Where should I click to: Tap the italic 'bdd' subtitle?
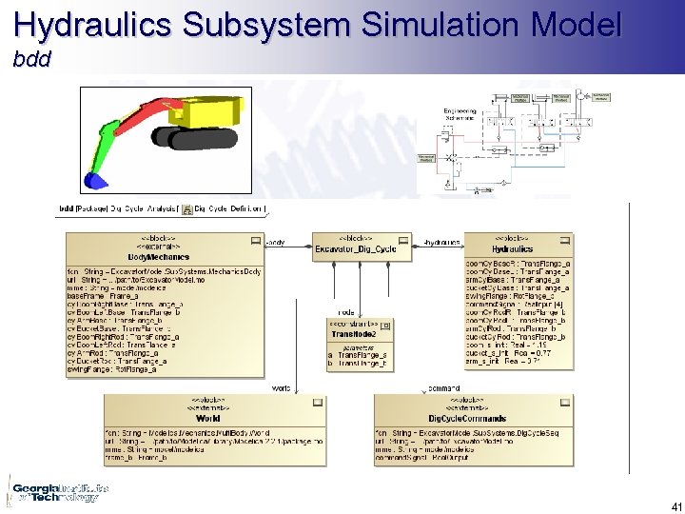tap(30, 60)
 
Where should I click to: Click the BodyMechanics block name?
tap(161, 257)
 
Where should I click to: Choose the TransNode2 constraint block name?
tap(355, 334)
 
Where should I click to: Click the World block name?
tap(207, 418)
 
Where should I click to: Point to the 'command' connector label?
tap(443, 388)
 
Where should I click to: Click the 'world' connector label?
tap(282, 388)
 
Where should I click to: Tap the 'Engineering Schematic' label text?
tap(460, 115)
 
